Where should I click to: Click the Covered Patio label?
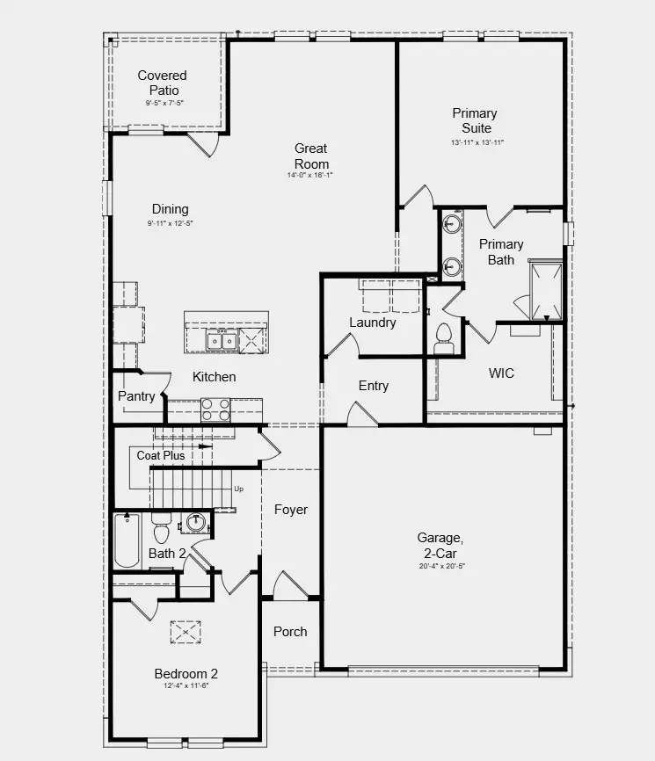point(162,83)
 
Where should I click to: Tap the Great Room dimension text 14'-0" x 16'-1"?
point(312,175)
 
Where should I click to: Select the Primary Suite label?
point(475,120)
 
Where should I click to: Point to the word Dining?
point(170,209)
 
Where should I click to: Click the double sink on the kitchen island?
point(221,340)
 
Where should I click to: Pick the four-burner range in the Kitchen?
point(215,409)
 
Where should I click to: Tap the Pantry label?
point(136,396)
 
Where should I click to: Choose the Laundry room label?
point(373,323)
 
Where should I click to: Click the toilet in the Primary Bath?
point(443,336)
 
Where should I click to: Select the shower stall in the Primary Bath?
point(545,290)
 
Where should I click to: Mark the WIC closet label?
point(501,373)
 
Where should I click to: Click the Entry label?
point(374,386)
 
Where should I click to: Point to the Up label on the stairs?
point(238,489)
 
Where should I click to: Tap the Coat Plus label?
point(161,455)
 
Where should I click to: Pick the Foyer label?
point(291,510)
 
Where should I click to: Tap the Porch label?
point(290,631)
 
